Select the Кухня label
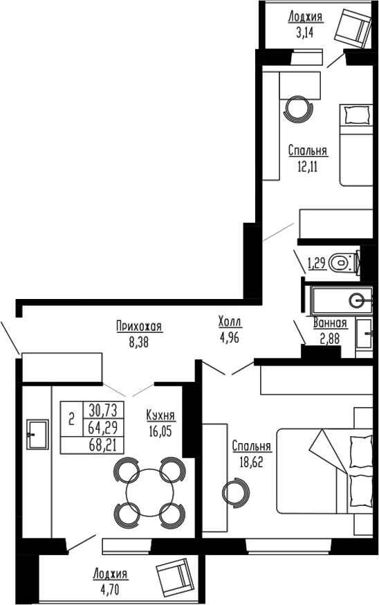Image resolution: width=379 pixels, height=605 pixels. point(160,415)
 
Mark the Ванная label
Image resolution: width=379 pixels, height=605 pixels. point(329,323)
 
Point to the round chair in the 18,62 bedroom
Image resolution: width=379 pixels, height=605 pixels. point(234,493)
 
